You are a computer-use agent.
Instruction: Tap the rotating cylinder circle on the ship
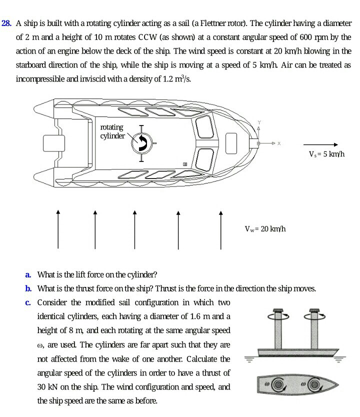(x=141, y=143)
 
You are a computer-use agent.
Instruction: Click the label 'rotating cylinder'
(x=112, y=131)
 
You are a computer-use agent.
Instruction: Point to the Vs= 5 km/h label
(x=327, y=154)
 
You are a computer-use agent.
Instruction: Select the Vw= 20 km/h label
(x=264, y=229)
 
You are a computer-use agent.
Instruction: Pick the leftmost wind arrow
(x=58, y=229)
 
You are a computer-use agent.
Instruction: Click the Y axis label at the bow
(x=259, y=122)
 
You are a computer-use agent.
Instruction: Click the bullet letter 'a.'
(x=28, y=274)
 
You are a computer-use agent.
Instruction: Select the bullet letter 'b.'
(x=28, y=288)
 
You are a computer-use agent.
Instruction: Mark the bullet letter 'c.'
(x=28, y=302)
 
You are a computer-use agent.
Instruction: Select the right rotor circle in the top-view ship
(x=313, y=384)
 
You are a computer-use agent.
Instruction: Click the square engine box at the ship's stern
(x=53, y=143)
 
